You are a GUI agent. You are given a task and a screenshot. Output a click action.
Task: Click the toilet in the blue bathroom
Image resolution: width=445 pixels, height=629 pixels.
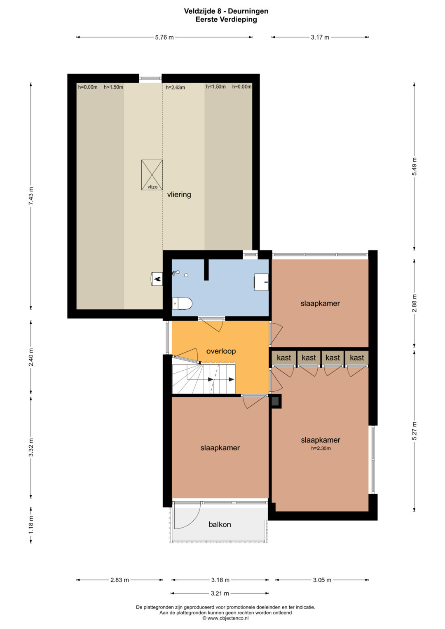pos(182,304)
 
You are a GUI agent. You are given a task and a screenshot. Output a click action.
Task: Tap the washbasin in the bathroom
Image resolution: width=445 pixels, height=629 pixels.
pos(261,282)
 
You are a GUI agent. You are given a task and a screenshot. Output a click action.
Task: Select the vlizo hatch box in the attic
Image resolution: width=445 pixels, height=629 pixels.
pos(152,175)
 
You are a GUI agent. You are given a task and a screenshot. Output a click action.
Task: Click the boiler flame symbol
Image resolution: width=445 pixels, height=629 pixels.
pos(157,279)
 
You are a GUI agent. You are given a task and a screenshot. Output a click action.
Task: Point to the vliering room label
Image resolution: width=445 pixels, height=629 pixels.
pos(179,194)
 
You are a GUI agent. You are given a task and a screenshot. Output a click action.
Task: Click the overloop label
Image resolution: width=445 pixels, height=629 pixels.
pos(221,351)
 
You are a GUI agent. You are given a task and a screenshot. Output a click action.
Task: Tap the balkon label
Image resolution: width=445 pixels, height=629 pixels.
pos(220,524)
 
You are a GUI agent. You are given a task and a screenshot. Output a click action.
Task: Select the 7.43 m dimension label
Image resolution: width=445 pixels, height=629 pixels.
pos(31,196)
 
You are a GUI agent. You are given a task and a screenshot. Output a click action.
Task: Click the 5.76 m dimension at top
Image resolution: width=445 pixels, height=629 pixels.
pos(164,37)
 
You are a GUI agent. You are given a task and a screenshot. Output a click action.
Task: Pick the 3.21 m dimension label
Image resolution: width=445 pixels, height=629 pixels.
pos(220,593)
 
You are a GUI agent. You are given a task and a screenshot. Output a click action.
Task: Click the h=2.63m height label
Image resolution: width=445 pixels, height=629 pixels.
pos(175,87)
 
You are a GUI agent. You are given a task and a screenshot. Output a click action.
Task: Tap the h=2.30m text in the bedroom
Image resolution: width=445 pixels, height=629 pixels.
pos(321,449)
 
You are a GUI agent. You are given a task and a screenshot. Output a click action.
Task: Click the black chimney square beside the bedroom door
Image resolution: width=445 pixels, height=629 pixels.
pos(275,401)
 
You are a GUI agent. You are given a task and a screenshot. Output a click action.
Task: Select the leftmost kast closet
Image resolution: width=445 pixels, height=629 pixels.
pos(284,358)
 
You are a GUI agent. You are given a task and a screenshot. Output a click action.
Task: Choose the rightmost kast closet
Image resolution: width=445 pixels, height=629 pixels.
pos(357,358)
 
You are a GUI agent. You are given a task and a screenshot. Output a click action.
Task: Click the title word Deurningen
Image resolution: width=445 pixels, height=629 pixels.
pos(248,11)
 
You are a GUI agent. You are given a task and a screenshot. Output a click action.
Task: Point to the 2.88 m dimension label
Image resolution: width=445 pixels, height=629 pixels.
pos(415,303)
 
